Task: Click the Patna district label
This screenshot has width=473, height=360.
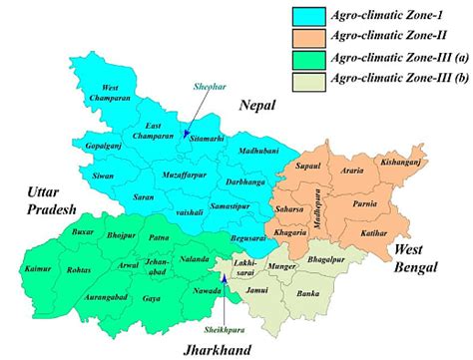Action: click(x=159, y=238)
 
